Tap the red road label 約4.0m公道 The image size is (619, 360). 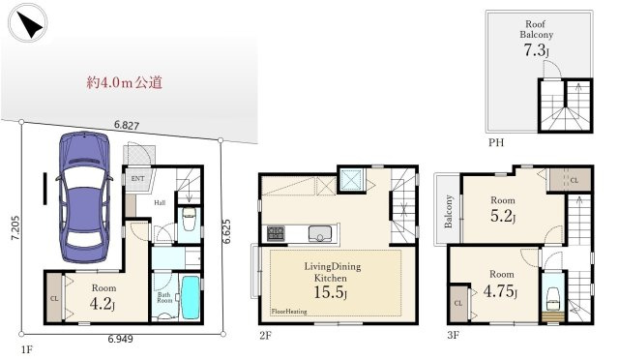pyautogui.click(x=125, y=82)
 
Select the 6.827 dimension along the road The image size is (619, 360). pyautogui.click(x=127, y=125)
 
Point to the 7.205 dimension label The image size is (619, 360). pyautogui.click(x=15, y=228)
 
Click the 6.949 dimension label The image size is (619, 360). pyautogui.click(x=120, y=339)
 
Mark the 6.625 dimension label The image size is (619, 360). pyautogui.click(x=226, y=231)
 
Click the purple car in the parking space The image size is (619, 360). pyautogui.click(x=85, y=197)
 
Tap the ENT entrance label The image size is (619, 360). pyautogui.click(x=137, y=179)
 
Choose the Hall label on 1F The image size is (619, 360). pyautogui.click(x=160, y=202)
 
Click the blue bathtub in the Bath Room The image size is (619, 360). pyautogui.click(x=191, y=297)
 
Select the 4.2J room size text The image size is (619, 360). pyautogui.click(x=103, y=304)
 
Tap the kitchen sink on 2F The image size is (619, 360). pyautogui.click(x=320, y=233)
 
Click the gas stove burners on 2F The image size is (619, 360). pyautogui.click(x=276, y=233)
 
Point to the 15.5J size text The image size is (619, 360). pyautogui.click(x=331, y=292)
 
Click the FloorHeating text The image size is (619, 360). pyautogui.click(x=289, y=312)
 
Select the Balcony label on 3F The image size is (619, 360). pyautogui.click(x=448, y=211)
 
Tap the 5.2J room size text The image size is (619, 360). pyautogui.click(x=503, y=216)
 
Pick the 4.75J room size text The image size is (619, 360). pyautogui.click(x=500, y=291)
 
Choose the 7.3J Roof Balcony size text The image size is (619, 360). pyautogui.click(x=536, y=50)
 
